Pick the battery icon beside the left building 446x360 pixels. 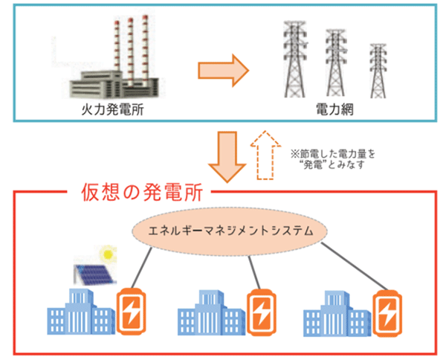[134, 310]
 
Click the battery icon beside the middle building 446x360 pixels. [264, 312]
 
